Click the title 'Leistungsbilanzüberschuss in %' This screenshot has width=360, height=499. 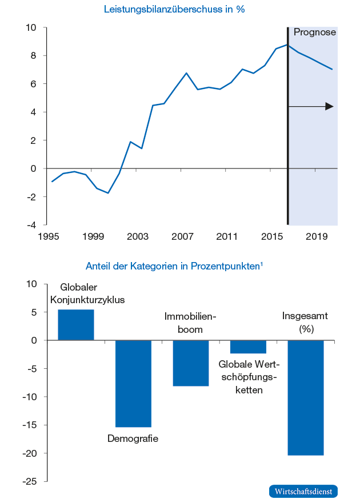174,10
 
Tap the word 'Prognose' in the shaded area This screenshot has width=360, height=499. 314,33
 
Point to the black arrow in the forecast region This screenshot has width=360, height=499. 311,106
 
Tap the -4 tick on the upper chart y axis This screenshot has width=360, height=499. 32,225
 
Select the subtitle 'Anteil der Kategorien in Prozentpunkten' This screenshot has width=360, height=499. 174,266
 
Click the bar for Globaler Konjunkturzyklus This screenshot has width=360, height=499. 76,325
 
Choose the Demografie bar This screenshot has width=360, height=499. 133,383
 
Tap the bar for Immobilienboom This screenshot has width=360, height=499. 191,363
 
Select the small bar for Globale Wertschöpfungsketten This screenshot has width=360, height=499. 248,347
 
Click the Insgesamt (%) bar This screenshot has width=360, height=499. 306,397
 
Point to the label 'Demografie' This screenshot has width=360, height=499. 133,438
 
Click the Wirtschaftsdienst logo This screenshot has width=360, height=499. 303,491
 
